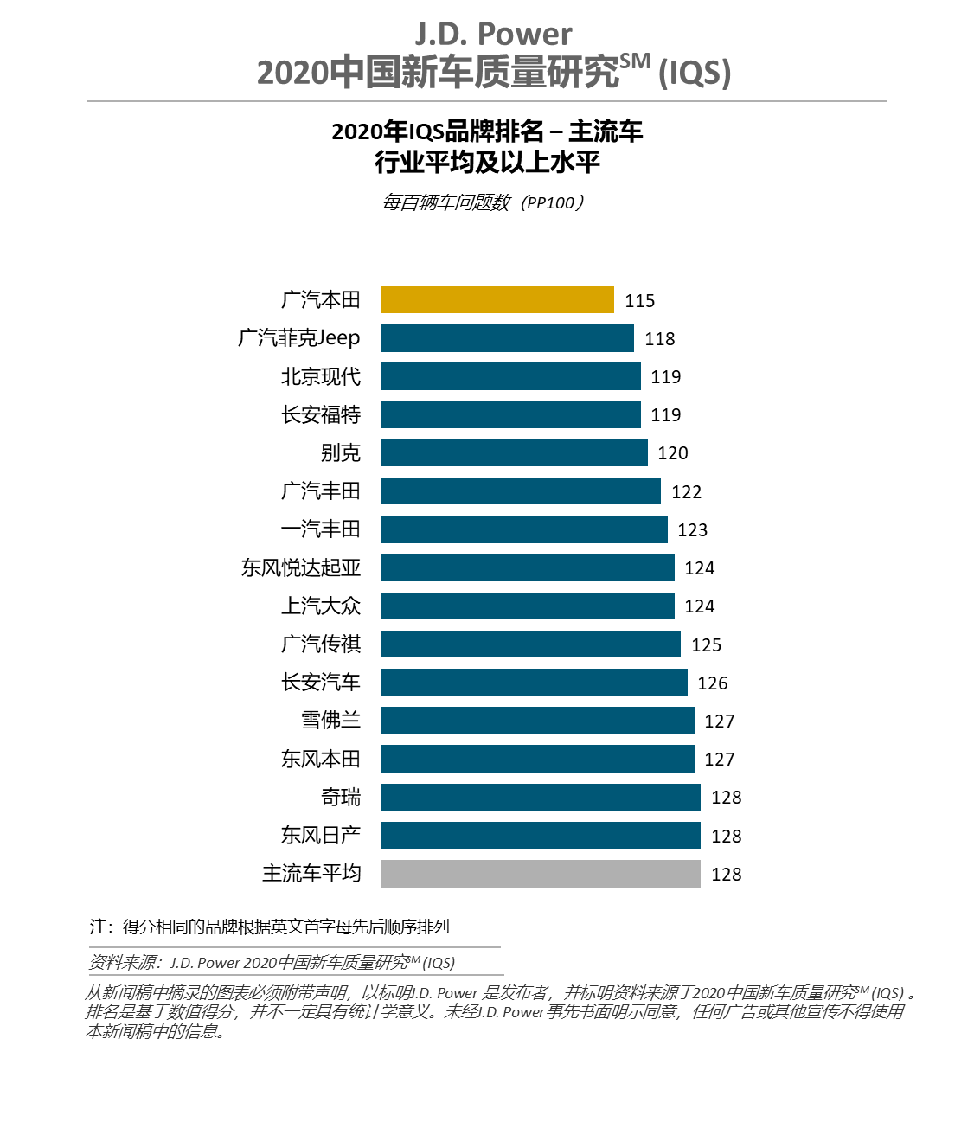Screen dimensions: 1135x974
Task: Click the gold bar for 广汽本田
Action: click(497, 299)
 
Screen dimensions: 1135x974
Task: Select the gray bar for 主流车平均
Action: click(540, 874)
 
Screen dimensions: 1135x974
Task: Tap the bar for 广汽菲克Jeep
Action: click(507, 338)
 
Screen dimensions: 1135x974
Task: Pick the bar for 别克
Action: click(514, 452)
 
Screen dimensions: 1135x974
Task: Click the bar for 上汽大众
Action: click(527, 606)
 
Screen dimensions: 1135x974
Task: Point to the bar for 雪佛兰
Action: click(537, 721)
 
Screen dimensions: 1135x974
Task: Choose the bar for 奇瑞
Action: click(540, 797)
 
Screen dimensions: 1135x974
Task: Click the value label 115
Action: click(640, 301)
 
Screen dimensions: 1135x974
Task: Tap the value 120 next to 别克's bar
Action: click(673, 453)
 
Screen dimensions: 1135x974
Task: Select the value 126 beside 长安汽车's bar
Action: click(713, 683)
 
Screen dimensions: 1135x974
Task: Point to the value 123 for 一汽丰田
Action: click(693, 530)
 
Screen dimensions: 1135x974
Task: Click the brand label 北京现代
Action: click(321, 376)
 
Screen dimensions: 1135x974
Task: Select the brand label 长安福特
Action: click(321, 414)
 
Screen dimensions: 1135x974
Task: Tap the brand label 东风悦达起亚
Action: click(301, 567)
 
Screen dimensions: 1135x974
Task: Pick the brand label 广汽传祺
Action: click(321, 644)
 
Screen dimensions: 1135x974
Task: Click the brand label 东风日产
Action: click(321, 835)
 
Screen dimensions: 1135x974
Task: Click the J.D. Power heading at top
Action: click(493, 35)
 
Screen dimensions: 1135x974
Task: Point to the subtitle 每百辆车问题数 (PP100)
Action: click(484, 202)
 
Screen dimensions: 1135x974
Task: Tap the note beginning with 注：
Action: click(270, 927)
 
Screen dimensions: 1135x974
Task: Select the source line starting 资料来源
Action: click(272, 962)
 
